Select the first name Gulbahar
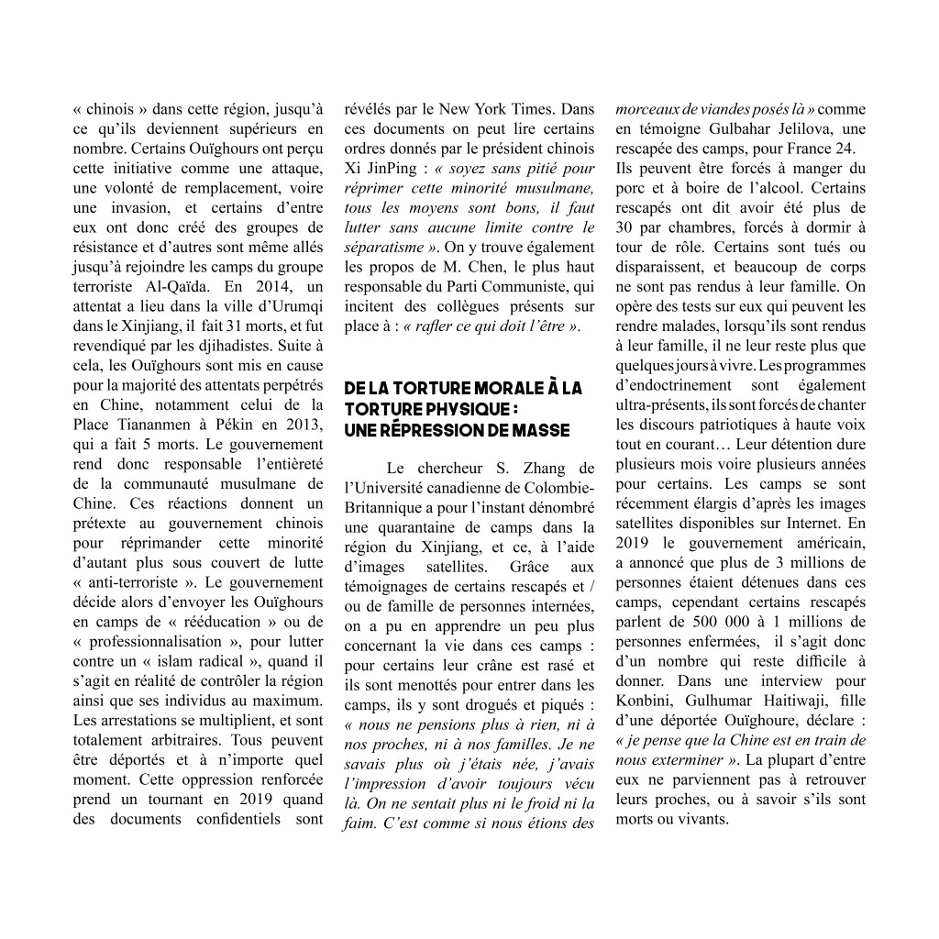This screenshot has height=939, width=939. click(732, 128)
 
